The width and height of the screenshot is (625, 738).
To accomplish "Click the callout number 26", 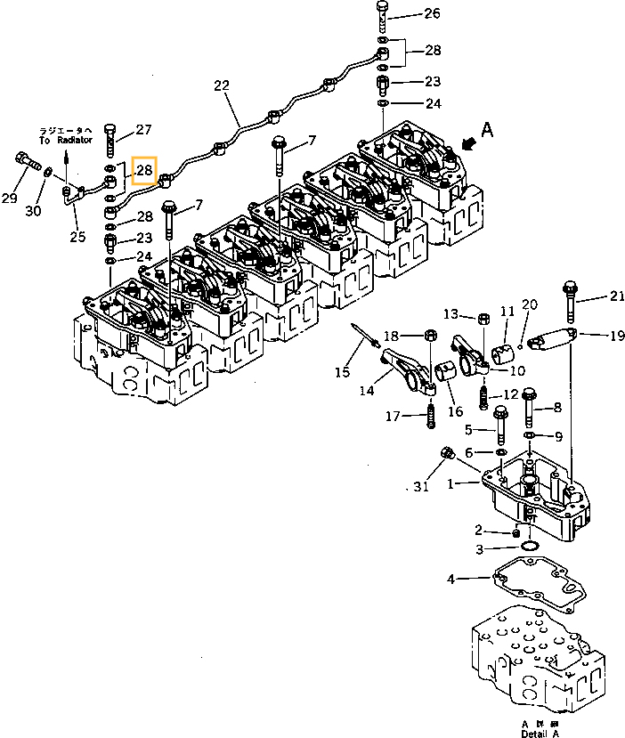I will [x=431, y=13].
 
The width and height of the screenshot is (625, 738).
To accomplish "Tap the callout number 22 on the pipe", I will [x=222, y=86].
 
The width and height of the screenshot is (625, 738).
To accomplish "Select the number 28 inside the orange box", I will [x=144, y=170].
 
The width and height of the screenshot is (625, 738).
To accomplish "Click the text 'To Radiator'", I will [x=65, y=141].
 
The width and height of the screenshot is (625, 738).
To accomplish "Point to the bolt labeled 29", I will [x=26, y=164].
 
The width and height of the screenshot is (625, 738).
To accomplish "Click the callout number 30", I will [x=33, y=211].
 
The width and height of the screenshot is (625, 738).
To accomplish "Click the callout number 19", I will [x=616, y=337].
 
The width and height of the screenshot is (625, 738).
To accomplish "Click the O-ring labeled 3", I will [x=529, y=547].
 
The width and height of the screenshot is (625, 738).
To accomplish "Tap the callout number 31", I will [x=421, y=486].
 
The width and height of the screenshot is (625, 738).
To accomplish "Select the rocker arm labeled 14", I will [x=405, y=366].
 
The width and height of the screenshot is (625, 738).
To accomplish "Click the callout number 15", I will [x=342, y=371].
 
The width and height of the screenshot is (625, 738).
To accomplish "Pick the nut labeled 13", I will [x=482, y=317].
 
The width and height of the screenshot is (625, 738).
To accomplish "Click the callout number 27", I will [x=143, y=130].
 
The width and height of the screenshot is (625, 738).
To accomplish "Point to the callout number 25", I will [x=77, y=236].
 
